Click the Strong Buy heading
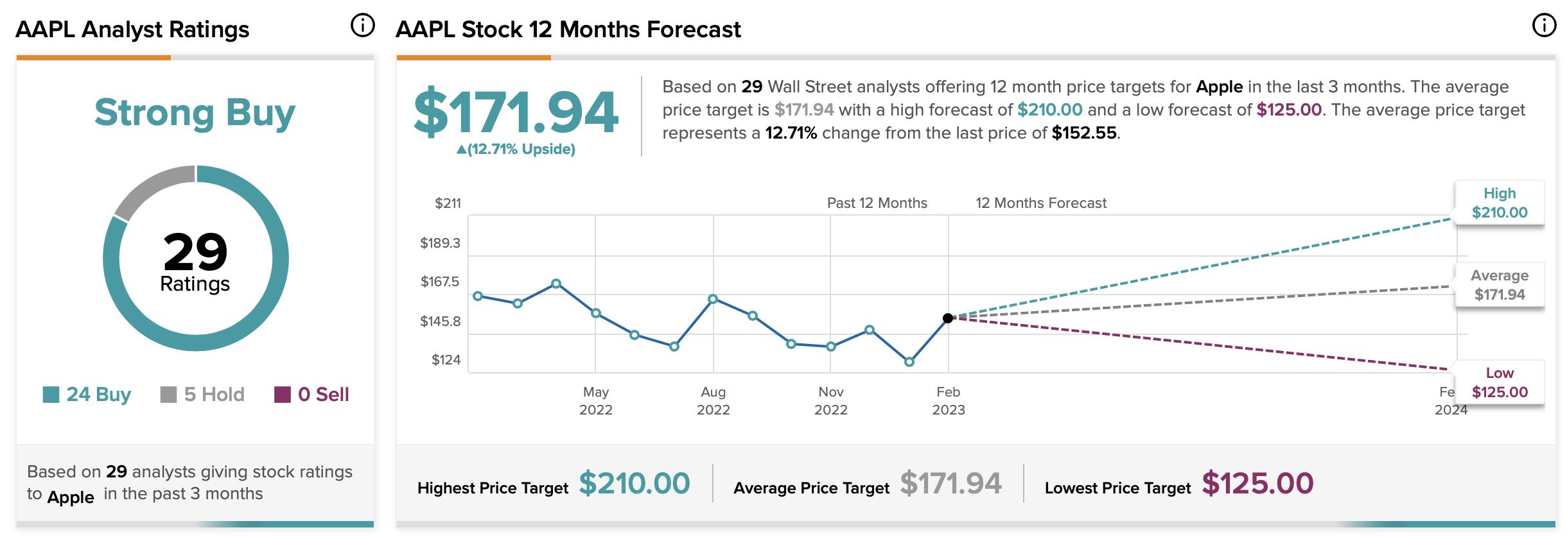point(195,114)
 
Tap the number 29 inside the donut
point(195,252)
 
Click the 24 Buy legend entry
point(87,394)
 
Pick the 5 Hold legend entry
point(202,394)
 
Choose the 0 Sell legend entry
point(312,394)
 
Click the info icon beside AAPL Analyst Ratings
point(362,26)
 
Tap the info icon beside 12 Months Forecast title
point(1544,26)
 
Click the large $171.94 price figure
point(516,114)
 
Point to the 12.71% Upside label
point(516,150)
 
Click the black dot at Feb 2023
point(948,318)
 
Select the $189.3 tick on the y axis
point(440,243)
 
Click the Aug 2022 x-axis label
point(713,400)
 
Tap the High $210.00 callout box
point(1499,203)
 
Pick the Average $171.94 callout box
point(1499,285)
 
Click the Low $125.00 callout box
point(1499,382)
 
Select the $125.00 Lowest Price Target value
point(1257,483)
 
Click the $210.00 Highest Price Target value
point(634,483)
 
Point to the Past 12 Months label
point(877,203)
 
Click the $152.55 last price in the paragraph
point(1084,133)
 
